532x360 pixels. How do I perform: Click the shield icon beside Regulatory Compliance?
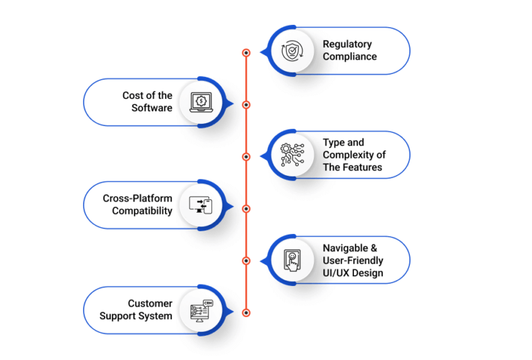coord(292,51)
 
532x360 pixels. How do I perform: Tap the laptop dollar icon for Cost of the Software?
coord(201,102)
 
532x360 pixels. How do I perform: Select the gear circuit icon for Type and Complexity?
coord(292,155)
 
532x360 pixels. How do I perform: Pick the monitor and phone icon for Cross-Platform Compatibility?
coord(200,206)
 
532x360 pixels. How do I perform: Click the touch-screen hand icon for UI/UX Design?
coord(292,260)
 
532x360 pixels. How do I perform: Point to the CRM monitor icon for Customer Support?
coord(202,311)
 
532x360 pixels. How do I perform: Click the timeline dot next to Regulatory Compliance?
coord(247,53)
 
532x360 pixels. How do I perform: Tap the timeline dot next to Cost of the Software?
coord(247,105)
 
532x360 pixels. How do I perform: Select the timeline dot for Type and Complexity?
coord(247,156)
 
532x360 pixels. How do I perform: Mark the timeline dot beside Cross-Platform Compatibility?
coord(247,209)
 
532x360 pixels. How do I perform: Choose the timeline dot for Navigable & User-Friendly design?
coord(247,261)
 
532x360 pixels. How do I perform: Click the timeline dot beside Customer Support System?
coord(247,312)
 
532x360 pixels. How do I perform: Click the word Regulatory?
coord(347,44)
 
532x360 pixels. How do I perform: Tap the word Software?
coord(152,108)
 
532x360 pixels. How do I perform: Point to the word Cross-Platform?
coord(137,198)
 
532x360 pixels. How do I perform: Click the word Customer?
coord(150,303)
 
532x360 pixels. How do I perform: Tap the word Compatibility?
coord(142,211)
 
